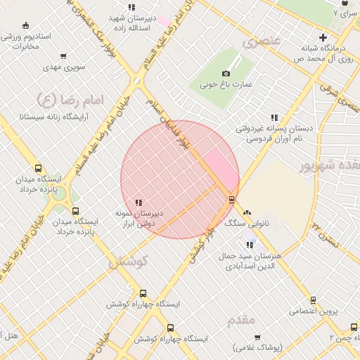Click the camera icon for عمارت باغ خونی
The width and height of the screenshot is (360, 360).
226,73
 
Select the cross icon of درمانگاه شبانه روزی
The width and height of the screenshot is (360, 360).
323,37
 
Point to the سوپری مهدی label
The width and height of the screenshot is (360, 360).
64,67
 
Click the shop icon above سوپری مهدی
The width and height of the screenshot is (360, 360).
64,56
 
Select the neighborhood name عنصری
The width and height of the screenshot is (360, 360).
262,42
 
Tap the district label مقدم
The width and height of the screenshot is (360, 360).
241,320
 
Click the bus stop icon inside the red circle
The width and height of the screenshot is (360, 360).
231,200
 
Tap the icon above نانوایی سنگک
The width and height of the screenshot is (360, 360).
247,212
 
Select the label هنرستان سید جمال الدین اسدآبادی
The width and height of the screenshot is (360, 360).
250,261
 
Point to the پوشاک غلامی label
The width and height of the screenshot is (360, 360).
257,347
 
